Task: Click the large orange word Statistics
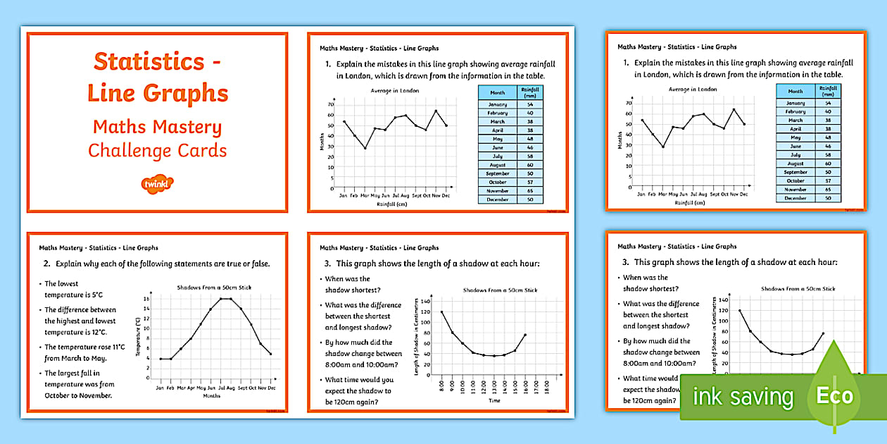tap(149, 62)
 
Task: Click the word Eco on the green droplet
tap(835, 395)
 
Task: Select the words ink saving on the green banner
tap(743, 397)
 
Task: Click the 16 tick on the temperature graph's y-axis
tap(146, 299)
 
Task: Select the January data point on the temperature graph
tap(161, 359)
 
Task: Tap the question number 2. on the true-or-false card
tap(47, 264)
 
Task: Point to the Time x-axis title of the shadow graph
tap(495, 400)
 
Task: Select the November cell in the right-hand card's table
tap(795, 190)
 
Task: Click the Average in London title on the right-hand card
tap(693, 90)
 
